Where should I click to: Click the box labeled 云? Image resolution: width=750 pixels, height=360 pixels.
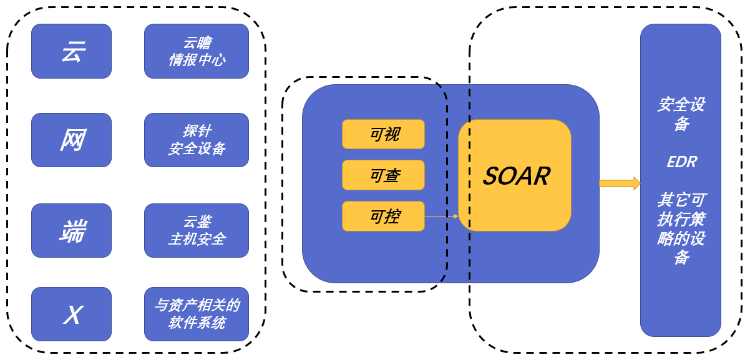[x=71, y=51]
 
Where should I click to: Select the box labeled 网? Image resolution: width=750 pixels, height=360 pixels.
[x=71, y=140]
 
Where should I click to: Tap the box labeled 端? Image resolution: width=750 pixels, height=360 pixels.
[x=71, y=230]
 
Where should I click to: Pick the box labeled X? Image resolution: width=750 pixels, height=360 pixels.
[x=71, y=314]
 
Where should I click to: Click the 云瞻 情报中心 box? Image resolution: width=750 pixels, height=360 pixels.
[x=197, y=51]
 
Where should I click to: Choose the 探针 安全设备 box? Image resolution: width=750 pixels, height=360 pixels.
[x=197, y=140]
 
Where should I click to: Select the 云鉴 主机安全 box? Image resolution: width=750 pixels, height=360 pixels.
[x=197, y=230]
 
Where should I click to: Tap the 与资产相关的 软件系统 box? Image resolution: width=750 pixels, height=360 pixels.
[x=197, y=314]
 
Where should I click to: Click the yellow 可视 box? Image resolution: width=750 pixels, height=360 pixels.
[x=383, y=134]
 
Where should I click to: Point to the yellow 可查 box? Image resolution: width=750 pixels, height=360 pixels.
[x=383, y=175]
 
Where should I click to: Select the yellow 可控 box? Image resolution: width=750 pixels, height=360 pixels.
[x=383, y=216]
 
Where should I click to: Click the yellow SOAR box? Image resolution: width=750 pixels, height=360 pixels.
[x=515, y=175]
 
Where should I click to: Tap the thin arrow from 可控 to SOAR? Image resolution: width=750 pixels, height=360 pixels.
[x=441, y=216]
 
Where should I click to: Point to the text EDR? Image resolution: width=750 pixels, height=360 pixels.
[x=681, y=162]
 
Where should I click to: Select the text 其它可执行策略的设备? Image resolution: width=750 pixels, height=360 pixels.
[x=681, y=228]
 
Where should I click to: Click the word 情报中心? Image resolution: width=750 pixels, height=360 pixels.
[x=197, y=60]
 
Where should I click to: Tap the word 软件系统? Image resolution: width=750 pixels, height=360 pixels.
[x=197, y=323]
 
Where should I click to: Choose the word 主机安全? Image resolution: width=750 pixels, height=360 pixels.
[x=197, y=239]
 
